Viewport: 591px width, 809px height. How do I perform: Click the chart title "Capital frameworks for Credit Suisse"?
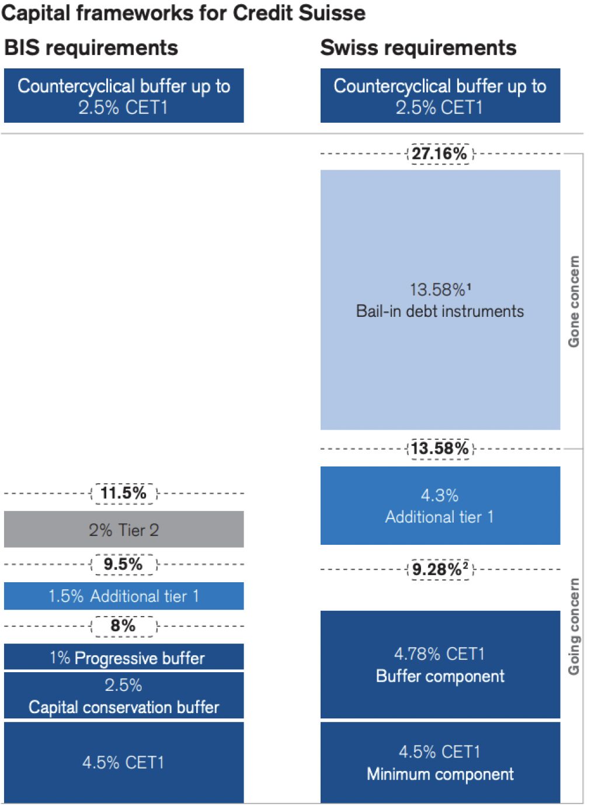183,13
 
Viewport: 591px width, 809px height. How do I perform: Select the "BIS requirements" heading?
91,48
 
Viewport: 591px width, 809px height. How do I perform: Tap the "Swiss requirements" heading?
418,48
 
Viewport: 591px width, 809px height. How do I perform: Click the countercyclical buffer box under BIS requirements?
124,96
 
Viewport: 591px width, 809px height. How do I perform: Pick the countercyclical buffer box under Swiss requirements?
440,96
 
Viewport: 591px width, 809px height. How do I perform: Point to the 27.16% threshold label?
440,154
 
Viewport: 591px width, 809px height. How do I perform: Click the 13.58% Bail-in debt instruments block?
440,300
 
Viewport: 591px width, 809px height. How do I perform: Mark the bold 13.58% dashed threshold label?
440,449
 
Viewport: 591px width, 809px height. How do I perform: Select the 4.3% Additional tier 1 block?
440,506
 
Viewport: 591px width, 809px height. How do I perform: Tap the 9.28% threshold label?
440,569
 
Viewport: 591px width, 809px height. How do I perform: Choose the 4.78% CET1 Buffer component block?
440,665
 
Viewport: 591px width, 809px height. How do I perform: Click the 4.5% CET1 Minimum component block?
440,762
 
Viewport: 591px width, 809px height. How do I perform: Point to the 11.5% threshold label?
123,493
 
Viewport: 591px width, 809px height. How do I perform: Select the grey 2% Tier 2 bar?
124,530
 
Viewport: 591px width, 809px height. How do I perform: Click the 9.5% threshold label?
123,565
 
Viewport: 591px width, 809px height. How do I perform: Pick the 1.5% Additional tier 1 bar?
124,596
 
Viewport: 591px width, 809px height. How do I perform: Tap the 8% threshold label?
123,626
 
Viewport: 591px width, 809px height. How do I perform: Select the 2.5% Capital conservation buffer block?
124,696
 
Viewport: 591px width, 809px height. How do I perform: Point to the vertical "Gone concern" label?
574,302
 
